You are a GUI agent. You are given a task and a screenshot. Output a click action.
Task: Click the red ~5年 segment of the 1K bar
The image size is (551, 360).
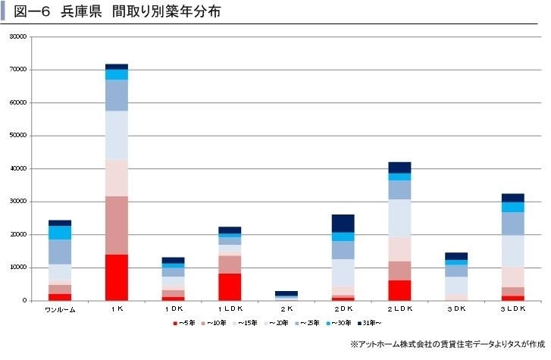[x=117, y=277]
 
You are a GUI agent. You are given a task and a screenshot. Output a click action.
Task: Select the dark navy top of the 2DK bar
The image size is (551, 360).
[x=343, y=224]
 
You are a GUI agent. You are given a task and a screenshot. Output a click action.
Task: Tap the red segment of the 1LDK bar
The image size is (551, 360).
[x=230, y=286]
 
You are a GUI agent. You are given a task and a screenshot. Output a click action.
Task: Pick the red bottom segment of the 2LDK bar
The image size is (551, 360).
[x=399, y=290]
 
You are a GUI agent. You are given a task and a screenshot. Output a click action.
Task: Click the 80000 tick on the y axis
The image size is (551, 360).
[x=18, y=36]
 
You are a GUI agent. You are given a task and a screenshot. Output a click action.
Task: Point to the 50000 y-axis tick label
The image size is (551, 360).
[x=18, y=136]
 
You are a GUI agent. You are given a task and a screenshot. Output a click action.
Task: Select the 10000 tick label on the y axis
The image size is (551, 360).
[x=18, y=268]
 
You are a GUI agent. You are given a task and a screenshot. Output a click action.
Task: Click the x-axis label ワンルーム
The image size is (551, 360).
[x=60, y=309]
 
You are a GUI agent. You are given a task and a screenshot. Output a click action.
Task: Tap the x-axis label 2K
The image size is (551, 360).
[x=286, y=309]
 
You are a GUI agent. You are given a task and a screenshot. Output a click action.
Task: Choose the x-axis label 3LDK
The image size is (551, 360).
[x=512, y=309]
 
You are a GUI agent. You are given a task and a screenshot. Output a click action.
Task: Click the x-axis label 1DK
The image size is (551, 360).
[x=173, y=309]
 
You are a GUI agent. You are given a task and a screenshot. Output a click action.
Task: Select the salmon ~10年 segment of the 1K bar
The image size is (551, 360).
[x=117, y=225]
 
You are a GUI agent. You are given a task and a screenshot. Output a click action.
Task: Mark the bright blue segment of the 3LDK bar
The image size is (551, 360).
[x=512, y=207]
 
